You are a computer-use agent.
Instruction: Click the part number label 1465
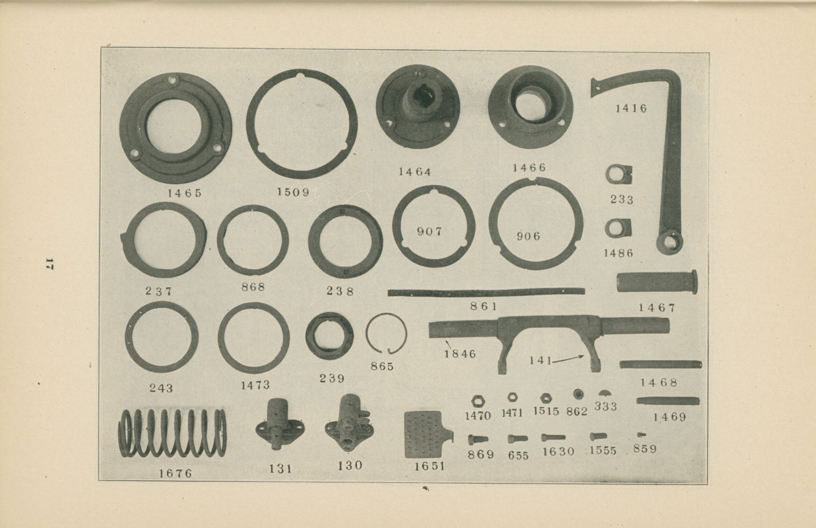pos(184,193)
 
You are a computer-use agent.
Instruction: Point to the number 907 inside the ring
pos(429,232)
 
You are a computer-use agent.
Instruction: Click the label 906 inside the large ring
pos(528,236)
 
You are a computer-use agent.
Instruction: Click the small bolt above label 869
pos(478,439)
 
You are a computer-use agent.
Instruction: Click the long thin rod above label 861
pos(486,292)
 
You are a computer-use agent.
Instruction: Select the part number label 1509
pos(293,192)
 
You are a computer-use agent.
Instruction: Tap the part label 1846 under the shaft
pos(460,353)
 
